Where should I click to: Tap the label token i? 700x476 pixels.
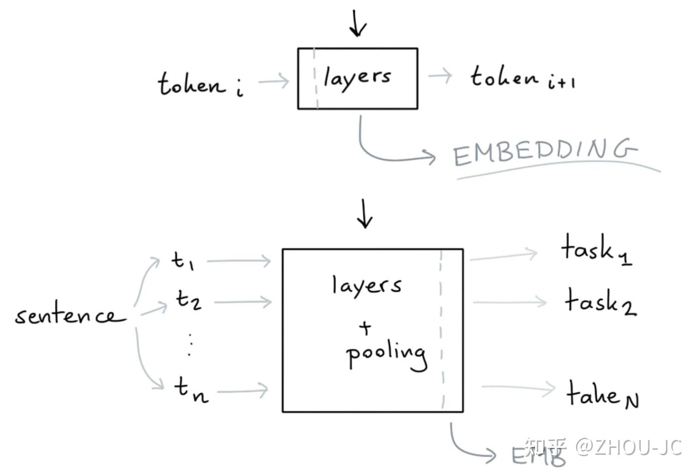pos(200,84)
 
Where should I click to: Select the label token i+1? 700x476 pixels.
pos(522,78)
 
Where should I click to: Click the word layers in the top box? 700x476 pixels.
pos(357,77)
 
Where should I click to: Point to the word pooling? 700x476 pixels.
pos(386,355)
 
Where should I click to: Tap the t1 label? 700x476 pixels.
pos(182,261)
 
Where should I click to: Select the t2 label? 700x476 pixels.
pos(188,300)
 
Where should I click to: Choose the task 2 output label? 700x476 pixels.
pos(600,302)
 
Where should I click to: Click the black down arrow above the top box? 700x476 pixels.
pos(358,23)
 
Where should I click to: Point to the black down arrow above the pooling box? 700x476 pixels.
pos(365,214)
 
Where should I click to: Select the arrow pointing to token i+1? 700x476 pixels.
pos(440,76)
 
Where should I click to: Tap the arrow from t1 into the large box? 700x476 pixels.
pos(239,261)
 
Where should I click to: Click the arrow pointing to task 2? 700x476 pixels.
pos(509,302)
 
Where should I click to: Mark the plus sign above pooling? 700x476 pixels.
pos(365,328)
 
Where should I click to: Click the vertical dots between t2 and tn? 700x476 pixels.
pos(189,344)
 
